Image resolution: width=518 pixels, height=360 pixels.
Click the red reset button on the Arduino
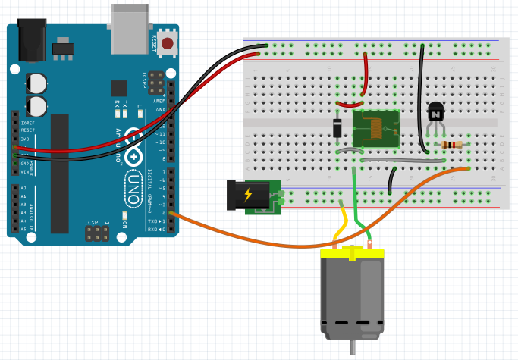coord(167,42)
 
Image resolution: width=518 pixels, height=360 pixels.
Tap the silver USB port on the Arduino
coord(130,28)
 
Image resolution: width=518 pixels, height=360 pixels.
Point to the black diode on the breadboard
coord(337,127)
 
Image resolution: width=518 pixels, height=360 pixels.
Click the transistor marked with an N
coord(435,113)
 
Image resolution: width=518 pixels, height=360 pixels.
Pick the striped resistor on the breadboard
coord(452,145)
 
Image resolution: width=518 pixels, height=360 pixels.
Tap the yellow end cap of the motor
coord(352,255)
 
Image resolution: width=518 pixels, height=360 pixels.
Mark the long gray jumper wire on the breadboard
coord(402,161)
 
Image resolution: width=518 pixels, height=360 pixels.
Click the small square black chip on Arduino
coord(118,88)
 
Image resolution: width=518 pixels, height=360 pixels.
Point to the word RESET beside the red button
coord(155,42)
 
